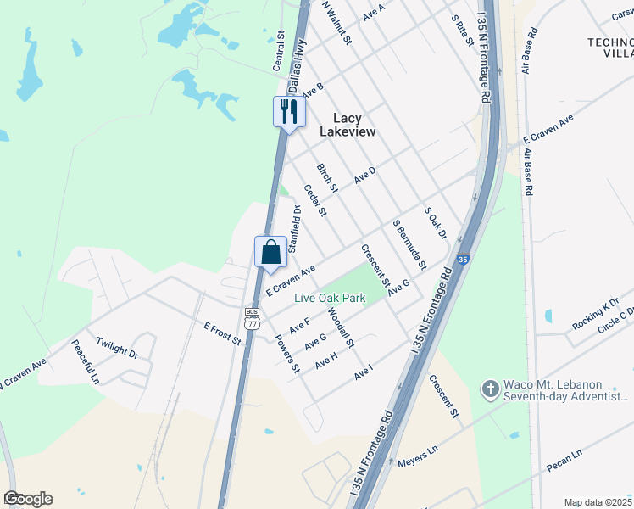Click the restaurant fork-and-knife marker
289,112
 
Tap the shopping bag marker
270,252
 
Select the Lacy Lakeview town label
348,125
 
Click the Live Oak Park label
330,298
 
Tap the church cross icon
489,390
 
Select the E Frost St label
223,333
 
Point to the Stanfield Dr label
295,228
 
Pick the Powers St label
287,355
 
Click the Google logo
28,499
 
